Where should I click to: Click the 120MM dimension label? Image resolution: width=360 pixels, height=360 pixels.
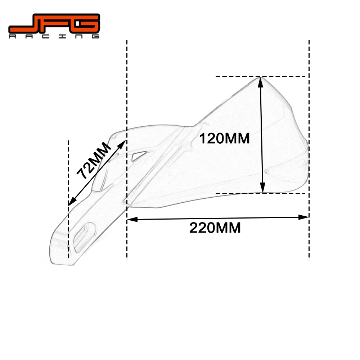(224, 138)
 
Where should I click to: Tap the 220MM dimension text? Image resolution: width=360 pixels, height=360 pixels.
(215, 228)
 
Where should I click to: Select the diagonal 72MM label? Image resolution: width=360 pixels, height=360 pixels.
(93, 161)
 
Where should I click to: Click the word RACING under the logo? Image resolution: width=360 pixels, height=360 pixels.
(54, 37)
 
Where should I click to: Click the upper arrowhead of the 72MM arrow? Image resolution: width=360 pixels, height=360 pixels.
(123, 144)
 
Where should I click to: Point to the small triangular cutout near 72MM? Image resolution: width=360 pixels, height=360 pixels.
(138, 156)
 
